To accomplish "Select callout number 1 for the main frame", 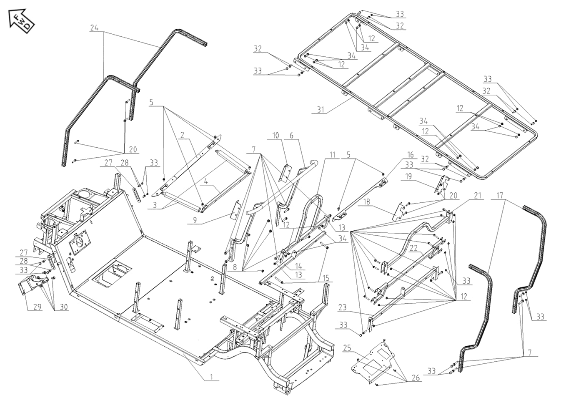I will click(211, 377).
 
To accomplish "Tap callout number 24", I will click(94, 28).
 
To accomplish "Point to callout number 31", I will click(321, 110).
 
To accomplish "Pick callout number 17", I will click(500, 195).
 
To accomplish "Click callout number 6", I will click(292, 136).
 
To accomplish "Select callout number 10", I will click(275, 136).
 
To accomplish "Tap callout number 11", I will click(332, 155).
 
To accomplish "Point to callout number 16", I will click(411, 155).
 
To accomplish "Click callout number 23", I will click(342, 307).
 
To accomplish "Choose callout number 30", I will click(63, 307).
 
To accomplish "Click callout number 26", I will click(416, 378).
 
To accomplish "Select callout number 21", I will click(478, 195).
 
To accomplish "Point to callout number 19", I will click(408, 176).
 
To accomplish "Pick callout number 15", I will click(326, 278).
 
